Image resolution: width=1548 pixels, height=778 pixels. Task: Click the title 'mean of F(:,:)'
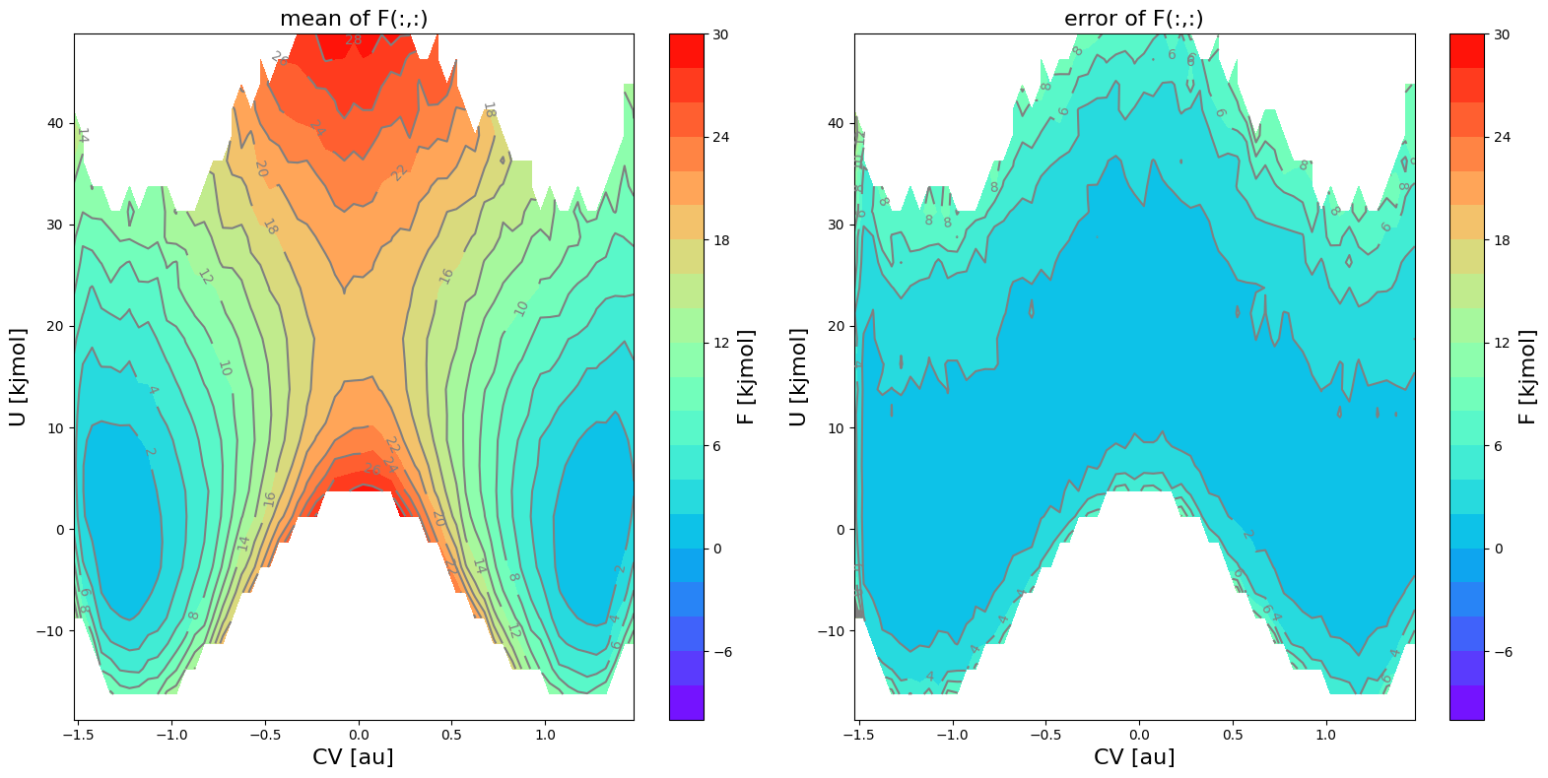[x=354, y=19]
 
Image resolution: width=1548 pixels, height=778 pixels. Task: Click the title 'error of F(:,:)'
[x=1133, y=19]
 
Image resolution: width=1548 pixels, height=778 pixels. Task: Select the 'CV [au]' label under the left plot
[x=353, y=756]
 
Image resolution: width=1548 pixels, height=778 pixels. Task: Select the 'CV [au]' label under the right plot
[x=1133, y=756]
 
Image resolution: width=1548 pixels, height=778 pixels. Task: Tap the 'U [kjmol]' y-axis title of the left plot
[x=18, y=377]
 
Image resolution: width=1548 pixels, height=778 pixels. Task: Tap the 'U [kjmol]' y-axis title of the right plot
[x=798, y=377]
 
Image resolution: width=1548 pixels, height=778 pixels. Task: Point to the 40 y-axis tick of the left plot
[x=56, y=123]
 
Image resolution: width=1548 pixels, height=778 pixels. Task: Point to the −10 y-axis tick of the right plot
[x=833, y=630]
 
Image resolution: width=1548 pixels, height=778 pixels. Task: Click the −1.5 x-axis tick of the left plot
[x=79, y=734]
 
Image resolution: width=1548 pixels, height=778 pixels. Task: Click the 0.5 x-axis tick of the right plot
[x=1233, y=734]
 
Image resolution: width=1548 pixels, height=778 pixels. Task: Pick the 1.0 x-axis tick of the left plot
[x=545, y=734]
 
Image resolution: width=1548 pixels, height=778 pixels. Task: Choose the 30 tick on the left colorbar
[x=720, y=34]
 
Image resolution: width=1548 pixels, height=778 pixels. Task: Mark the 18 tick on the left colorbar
[x=720, y=240]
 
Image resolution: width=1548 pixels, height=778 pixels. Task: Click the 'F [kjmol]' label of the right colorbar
[x=1528, y=377]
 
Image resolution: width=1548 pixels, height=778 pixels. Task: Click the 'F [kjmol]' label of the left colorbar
[x=747, y=377]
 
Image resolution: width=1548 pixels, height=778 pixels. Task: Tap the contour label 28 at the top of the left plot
[x=353, y=40]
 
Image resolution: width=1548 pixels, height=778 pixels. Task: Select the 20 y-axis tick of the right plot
[x=837, y=326]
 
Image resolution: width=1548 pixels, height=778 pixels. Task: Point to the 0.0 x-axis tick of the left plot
[x=359, y=734]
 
